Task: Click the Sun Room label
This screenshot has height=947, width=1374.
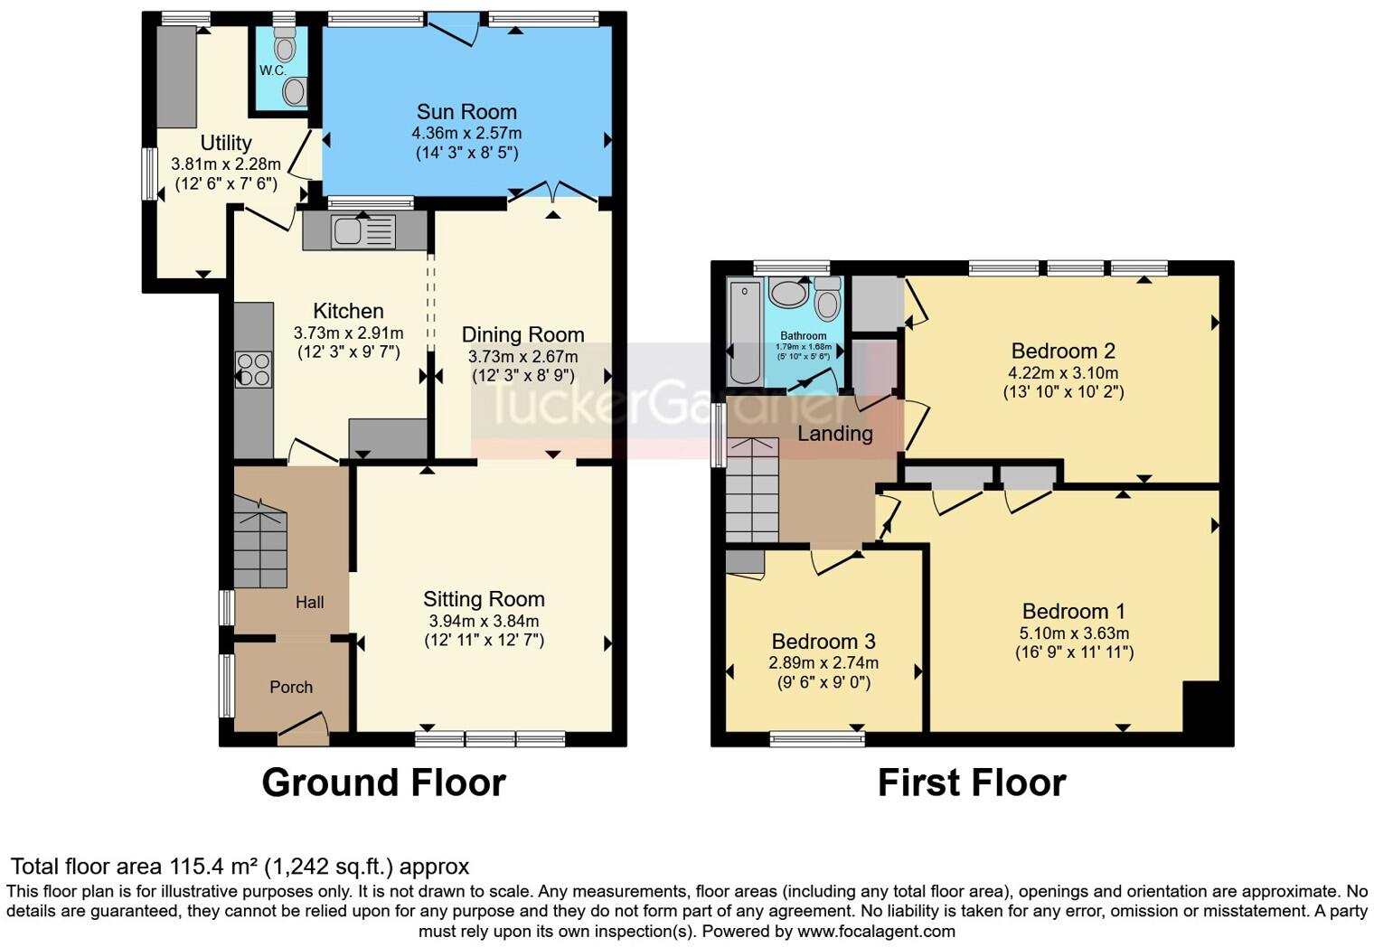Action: click(x=466, y=112)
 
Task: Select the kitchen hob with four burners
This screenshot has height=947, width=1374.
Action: click(x=253, y=370)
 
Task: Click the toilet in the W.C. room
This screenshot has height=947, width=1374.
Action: click(x=285, y=45)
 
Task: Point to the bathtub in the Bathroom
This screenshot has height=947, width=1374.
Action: click(x=745, y=332)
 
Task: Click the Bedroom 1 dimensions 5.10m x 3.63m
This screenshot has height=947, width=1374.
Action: click(x=1074, y=633)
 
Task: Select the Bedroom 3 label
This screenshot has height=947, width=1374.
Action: click(x=823, y=642)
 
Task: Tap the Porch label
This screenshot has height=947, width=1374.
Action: click(x=291, y=688)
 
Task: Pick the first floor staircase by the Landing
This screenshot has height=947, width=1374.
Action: click(x=752, y=490)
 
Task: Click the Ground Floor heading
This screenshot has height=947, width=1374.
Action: click(x=383, y=783)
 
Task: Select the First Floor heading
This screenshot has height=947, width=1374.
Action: click(x=972, y=783)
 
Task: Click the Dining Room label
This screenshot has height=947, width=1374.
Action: click(x=522, y=334)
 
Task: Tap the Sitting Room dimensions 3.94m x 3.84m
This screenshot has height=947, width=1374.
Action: click(x=484, y=621)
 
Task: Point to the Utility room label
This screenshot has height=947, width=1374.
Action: click(x=226, y=143)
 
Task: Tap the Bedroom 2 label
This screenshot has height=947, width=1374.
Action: click(x=1063, y=351)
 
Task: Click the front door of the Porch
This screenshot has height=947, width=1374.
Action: click(x=304, y=729)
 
